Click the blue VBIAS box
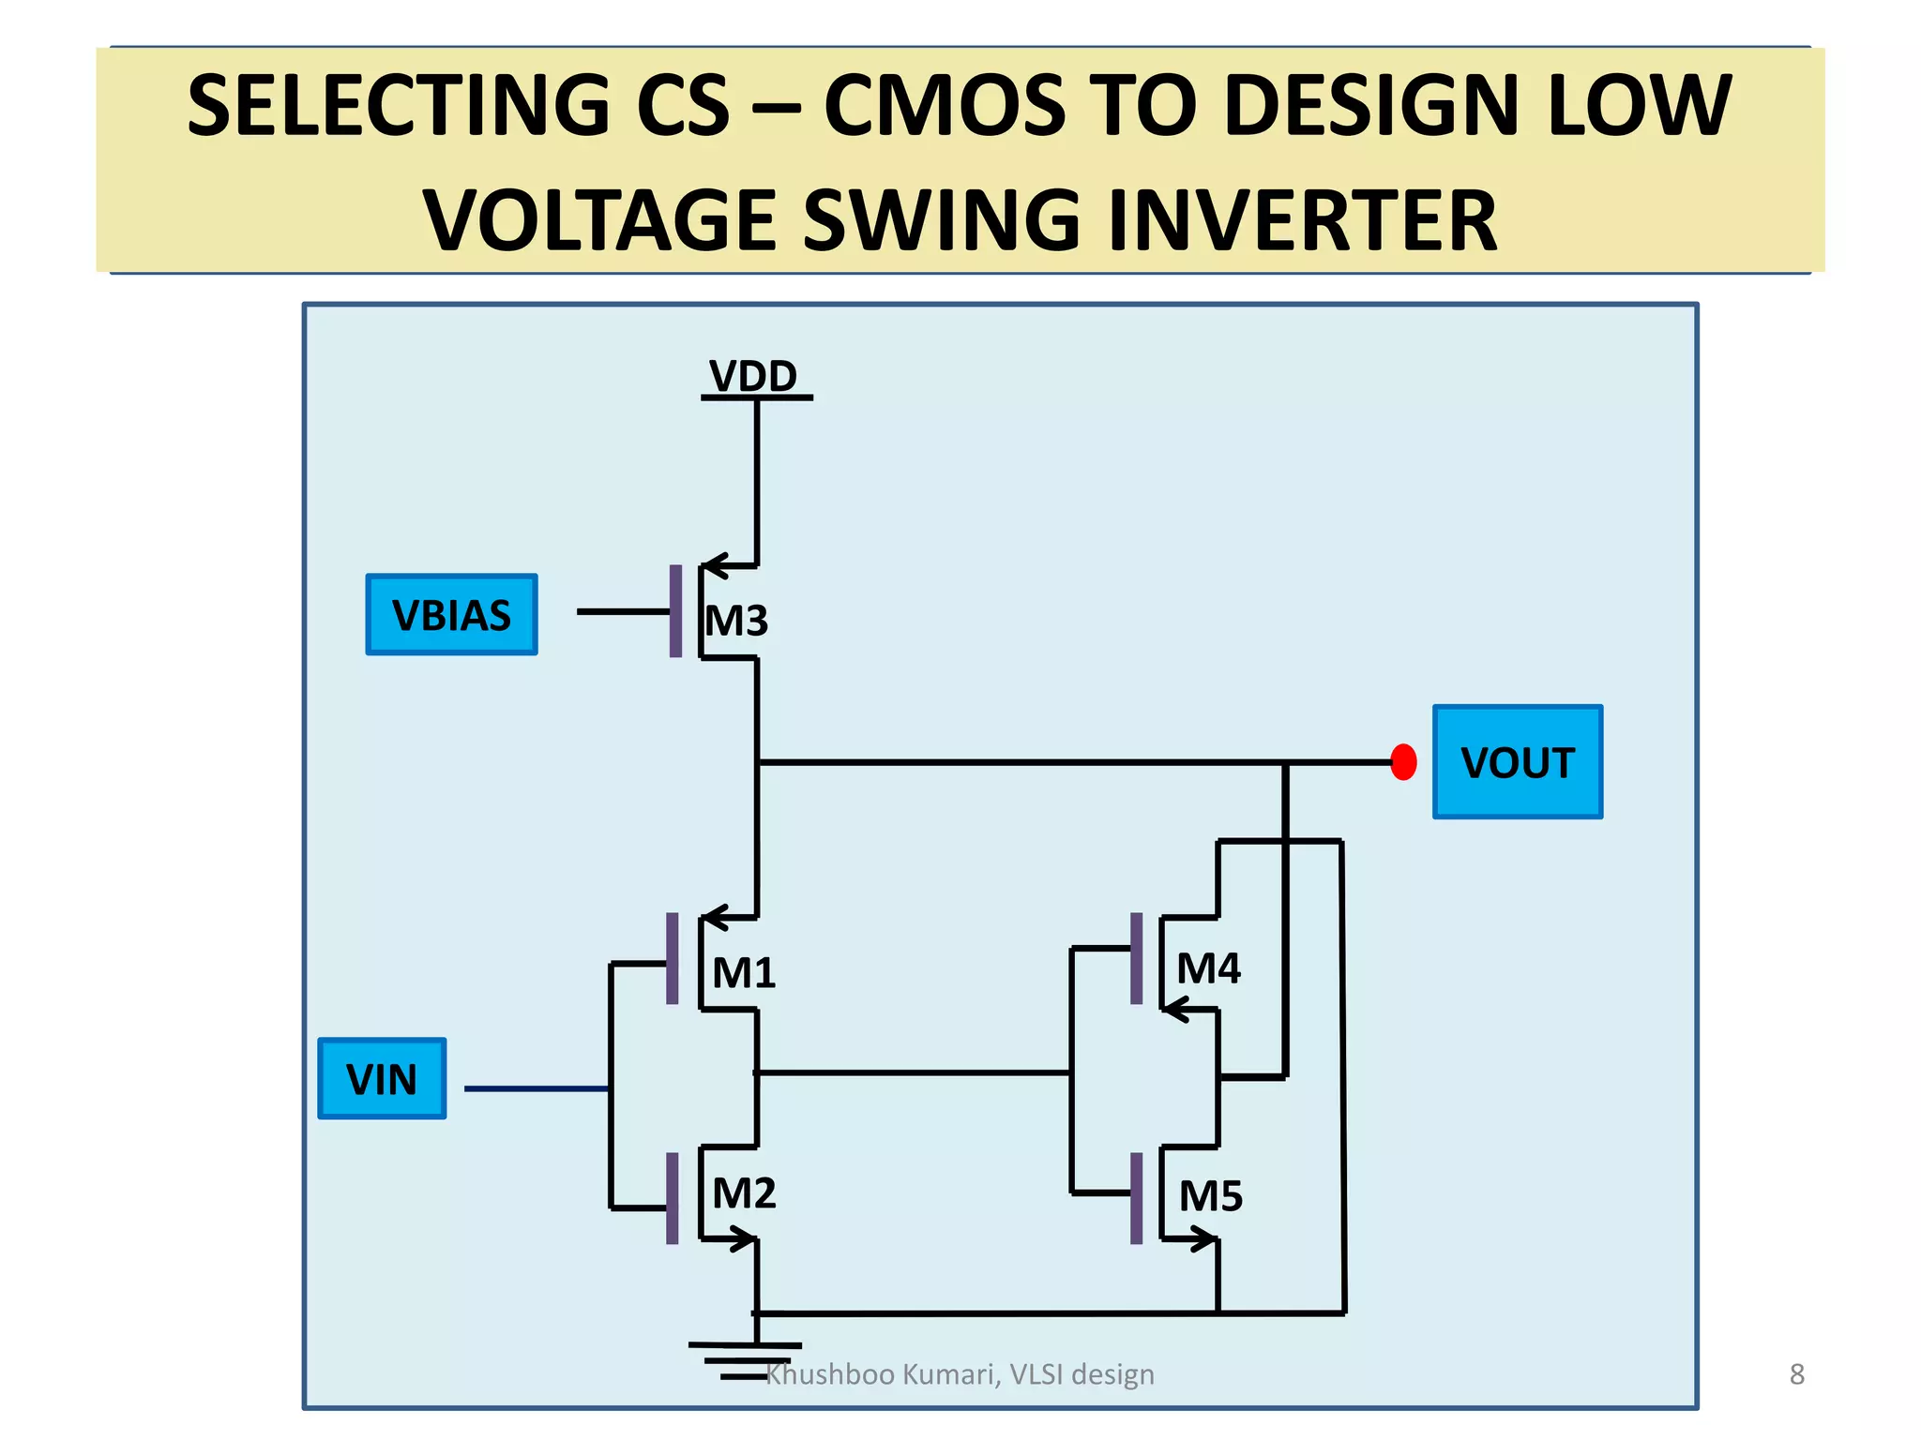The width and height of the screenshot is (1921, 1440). click(x=451, y=615)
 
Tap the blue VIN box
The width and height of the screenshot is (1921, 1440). click(x=382, y=1079)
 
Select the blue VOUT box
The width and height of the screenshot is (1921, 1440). click(x=1517, y=762)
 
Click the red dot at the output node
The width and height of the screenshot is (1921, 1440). click(x=1403, y=762)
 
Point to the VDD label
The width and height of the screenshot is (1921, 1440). click(x=753, y=377)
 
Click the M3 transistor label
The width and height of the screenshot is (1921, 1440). click(x=736, y=621)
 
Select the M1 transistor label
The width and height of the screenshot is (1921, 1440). click(x=744, y=973)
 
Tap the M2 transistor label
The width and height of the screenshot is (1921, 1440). click(x=744, y=1193)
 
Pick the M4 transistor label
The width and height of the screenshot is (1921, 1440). click(x=1208, y=968)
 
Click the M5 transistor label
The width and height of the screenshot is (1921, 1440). click(x=1210, y=1196)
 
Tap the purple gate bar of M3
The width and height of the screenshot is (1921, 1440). click(x=675, y=611)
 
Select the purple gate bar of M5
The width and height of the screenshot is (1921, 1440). click(x=1136, y=1198)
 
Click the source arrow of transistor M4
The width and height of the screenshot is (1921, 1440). click(x=1178, y=1010)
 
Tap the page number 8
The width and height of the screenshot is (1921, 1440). click(x=1796, y=1374)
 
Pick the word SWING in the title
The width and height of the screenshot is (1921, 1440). click(x=942, y=221)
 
